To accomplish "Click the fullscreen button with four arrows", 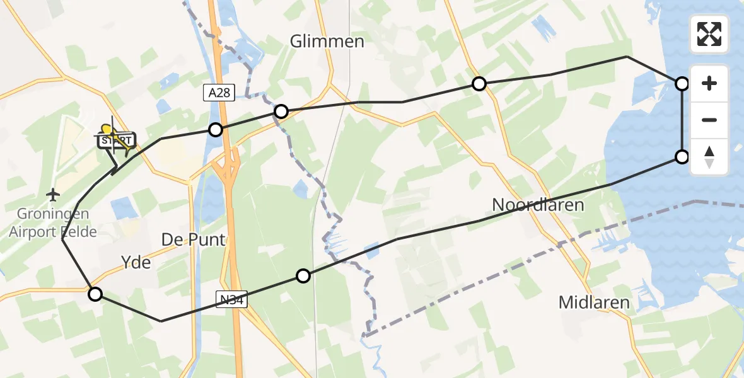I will [x=709, y=34].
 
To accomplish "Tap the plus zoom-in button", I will [x=709, y=83].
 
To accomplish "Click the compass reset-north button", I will [x=709, y=157].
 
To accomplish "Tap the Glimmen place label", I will [x=327, y=42].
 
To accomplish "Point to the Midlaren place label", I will [x=594, y=302].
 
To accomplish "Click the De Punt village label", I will [x=194, y=240].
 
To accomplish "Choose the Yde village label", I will [x=136, y=262].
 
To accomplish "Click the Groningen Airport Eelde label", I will [x=53, y=223].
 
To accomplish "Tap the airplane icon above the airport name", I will [x=54, y=194].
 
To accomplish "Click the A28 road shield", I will [x=219, y=93].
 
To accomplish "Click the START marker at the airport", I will [x=116, y=140].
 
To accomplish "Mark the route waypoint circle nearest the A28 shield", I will [x=216, y=130].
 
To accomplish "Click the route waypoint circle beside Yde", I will [x=95, y=294].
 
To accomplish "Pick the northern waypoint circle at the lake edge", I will [x=682, y=83].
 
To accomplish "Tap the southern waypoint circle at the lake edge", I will [x=682, y=157].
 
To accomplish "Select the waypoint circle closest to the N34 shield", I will [x=303, y=276].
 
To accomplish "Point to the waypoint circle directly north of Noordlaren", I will [x=479, y=84].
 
